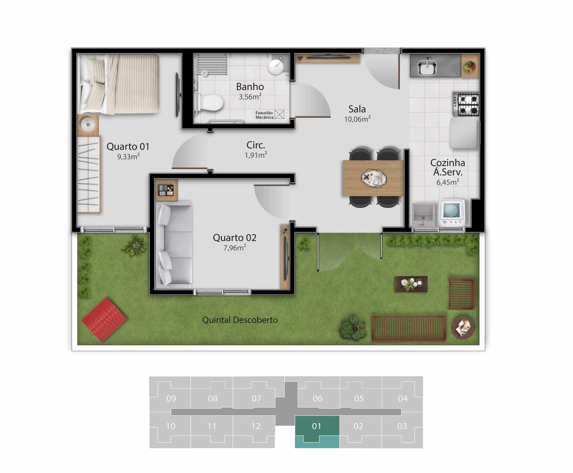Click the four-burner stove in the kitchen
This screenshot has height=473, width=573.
[466, 104]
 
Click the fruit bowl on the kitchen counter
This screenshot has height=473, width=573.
[470, 66]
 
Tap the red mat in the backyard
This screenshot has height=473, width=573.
[104, 320]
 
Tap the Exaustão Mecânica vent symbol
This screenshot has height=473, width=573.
[279, 114]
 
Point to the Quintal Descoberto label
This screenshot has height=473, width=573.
[240, 320]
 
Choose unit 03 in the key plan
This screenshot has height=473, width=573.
[402, 426]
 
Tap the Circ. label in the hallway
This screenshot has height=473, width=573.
[256, 145]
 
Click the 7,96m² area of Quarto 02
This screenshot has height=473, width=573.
[235, 248]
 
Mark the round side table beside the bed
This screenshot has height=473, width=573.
[88, 125]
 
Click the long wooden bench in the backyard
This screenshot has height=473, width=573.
[408, 329]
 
